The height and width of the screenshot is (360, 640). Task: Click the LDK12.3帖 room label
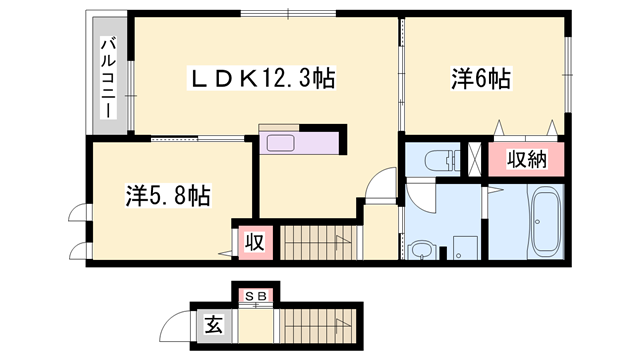(262, 75)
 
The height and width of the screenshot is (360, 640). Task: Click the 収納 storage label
(525, 158)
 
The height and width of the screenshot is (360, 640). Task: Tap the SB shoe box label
(255, 296)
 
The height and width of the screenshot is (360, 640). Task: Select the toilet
(438, 160)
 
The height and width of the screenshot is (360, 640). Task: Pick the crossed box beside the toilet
(475, 159)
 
